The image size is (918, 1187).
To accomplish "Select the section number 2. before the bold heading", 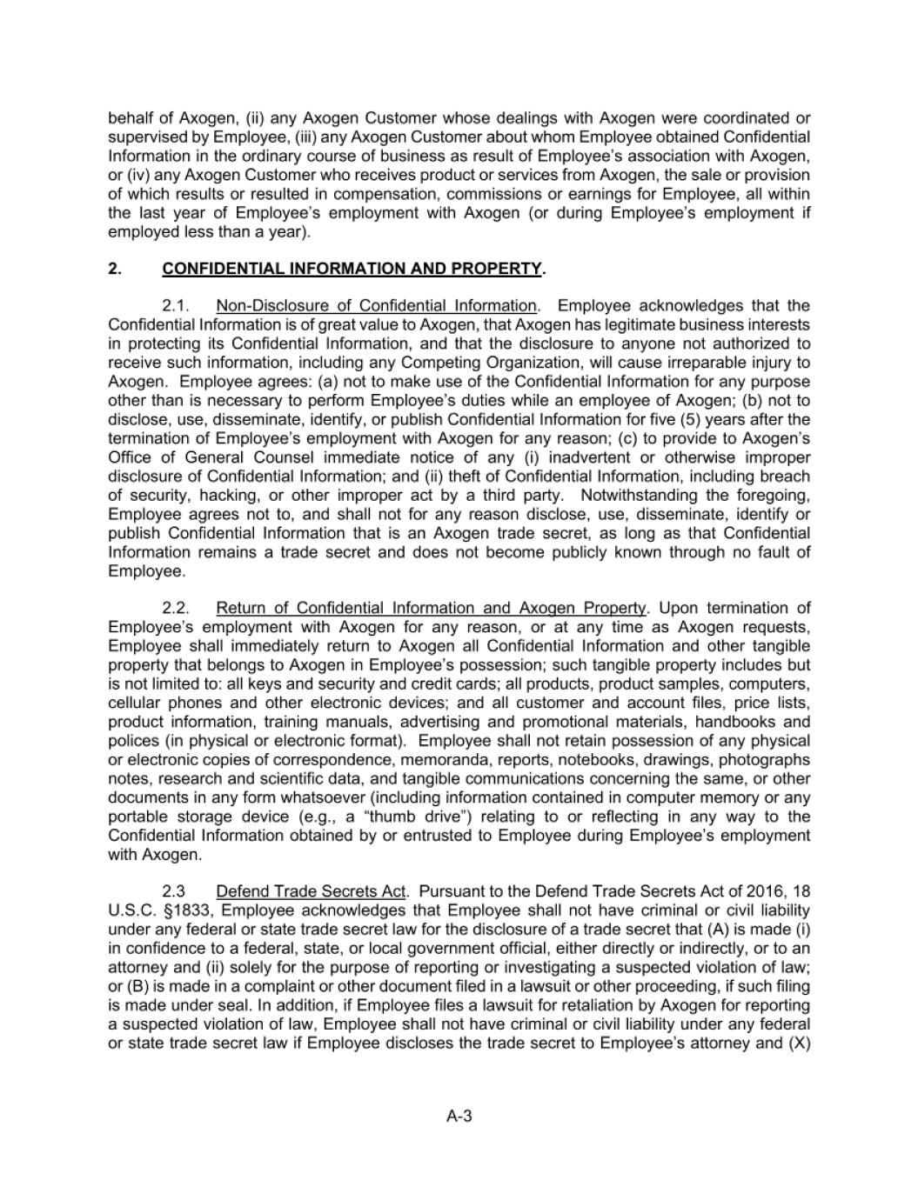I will (x=114, y=269).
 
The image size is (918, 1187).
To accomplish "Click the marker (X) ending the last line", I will (x=799, y=1043).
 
